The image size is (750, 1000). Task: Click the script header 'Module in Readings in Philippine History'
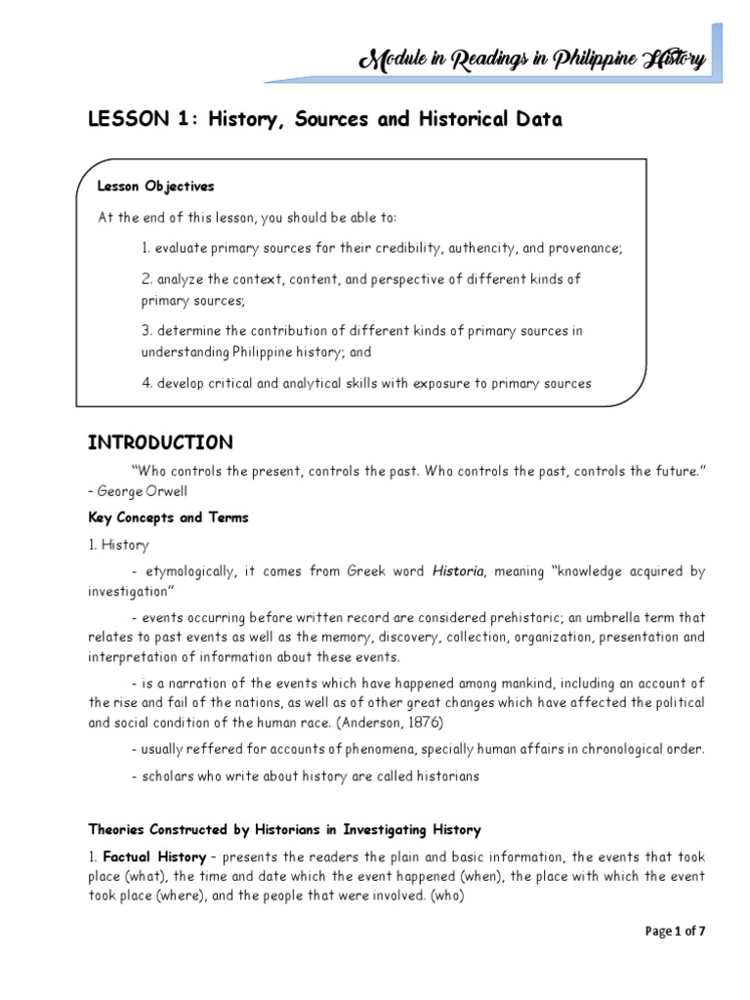[532, 62]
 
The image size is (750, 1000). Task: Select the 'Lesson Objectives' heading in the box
[155, 186]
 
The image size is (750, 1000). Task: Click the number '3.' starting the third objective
[147, 331]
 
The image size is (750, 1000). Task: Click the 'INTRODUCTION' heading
[160, 442]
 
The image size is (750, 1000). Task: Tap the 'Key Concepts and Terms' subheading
[168, 519]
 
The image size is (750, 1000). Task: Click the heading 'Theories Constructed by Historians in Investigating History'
[284, 830]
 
